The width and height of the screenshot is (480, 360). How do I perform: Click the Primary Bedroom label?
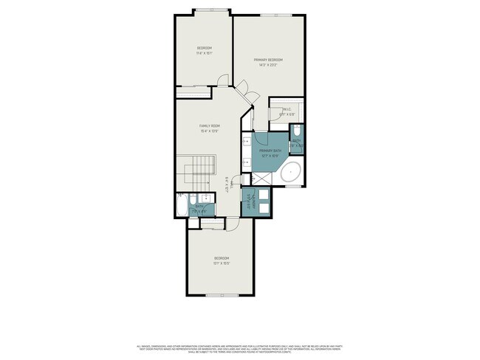point(268,60)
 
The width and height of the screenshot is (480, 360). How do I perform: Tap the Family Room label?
point(209,125)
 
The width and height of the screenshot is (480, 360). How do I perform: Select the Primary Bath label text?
point(269,150)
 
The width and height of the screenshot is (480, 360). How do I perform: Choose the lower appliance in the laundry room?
point(263,207)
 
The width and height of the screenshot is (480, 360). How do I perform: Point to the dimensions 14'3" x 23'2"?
point(268,65)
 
